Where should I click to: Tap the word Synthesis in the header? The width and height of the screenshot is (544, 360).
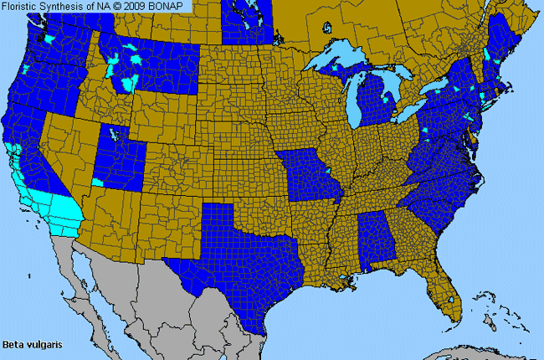click(66, 6)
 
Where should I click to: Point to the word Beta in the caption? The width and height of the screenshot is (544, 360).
click(12, 344)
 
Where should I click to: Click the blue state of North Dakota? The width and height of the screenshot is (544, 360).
click(247, 25)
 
